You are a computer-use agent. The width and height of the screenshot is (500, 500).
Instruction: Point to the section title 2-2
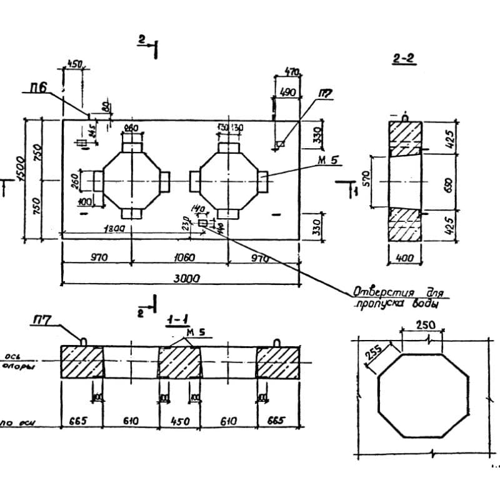(x=404, y=59)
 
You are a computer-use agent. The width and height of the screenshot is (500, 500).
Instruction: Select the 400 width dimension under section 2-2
(x=404, y=257)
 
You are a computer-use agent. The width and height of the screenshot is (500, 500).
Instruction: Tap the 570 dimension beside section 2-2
(x=367, y=181)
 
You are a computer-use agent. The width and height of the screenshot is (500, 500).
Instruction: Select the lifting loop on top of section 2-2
(x=405, y=117)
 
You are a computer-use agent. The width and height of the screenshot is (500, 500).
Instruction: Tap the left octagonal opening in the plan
(x=132, y=181)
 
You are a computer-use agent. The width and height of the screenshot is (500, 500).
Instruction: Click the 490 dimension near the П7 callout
(x=288, y=91)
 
